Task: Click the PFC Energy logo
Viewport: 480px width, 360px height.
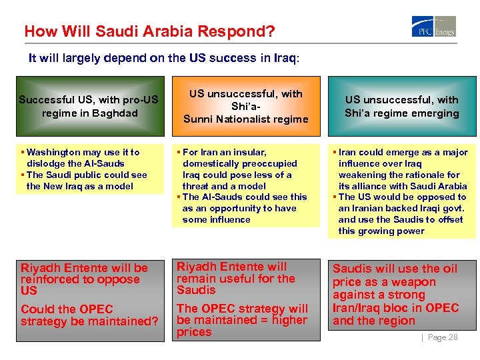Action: tap(434, 26)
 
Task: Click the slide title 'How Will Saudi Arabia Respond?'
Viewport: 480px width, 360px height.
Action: tap(149, 31)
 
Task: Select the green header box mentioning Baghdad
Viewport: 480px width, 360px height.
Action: tap(89, 107)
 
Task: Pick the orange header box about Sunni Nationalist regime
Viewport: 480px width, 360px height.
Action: tap(245, 107)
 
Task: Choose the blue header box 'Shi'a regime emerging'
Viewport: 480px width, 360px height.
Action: tap(401, 107)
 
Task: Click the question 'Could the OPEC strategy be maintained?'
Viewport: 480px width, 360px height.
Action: tap(89, 315)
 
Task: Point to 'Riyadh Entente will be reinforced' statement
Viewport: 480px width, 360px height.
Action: tap(84, 279)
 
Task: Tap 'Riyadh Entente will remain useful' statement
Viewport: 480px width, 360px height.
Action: tap(236, 278)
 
